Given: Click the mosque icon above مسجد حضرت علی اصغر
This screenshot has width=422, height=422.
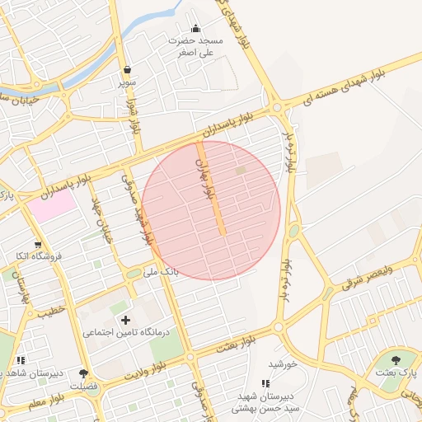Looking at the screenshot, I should point(195,29).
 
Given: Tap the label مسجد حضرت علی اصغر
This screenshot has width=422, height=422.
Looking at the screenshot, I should point(196,45).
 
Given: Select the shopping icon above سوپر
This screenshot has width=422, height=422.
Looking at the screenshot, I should point(126,71).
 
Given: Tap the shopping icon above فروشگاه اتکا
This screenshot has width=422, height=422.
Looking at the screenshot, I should point(38,244).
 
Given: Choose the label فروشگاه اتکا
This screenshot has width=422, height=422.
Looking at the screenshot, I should point(38,256).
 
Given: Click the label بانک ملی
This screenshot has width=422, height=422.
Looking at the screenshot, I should point(161,270).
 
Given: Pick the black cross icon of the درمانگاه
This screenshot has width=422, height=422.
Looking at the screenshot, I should point(125,319).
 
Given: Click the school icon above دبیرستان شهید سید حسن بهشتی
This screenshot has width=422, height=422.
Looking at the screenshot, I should point(265,383).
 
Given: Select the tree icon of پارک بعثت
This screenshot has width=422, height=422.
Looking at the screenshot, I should point(396,359).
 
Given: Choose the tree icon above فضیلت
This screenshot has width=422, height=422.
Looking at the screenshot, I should point(83,373).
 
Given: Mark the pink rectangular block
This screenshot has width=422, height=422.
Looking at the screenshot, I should point(52,206).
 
